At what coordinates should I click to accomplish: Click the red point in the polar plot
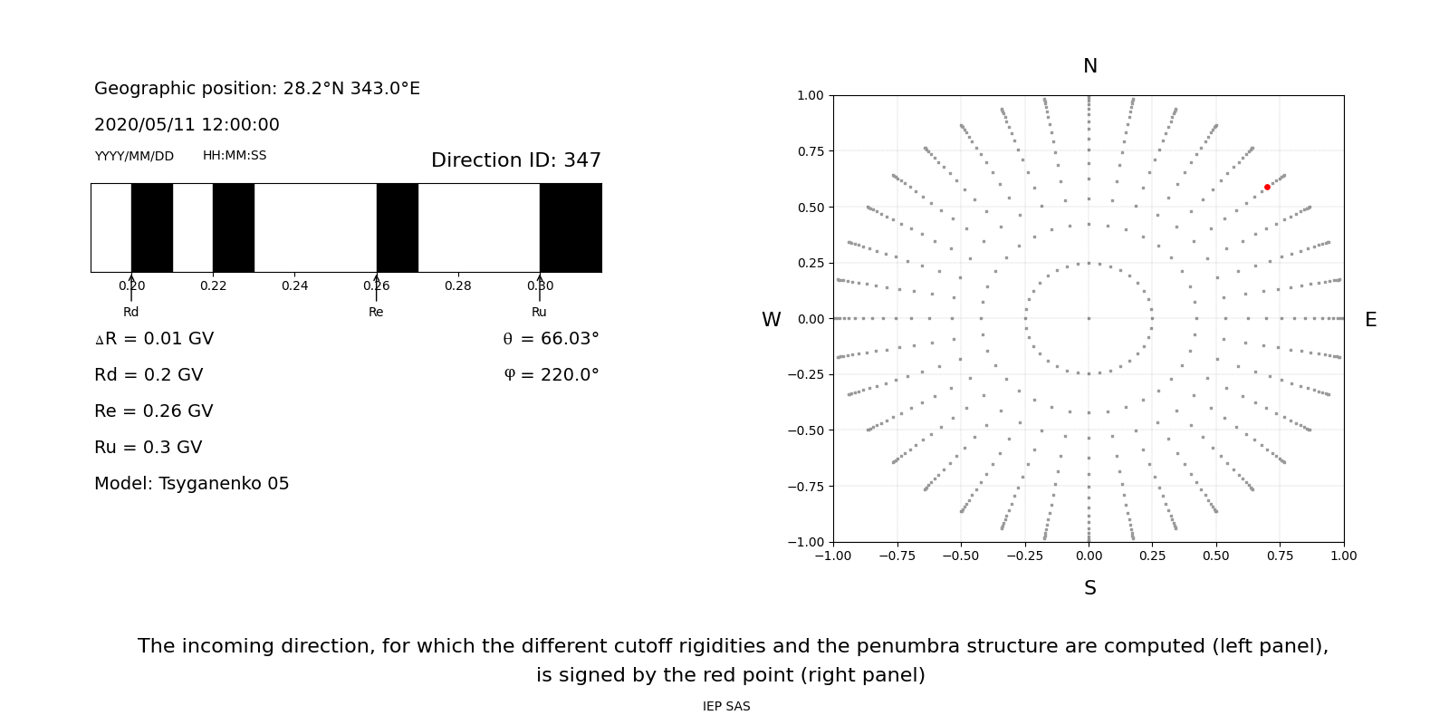(1267, 187)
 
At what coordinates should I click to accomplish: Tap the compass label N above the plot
(1089, 66)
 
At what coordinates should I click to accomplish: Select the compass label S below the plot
(1089, 588)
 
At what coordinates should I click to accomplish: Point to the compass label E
(1370, 320)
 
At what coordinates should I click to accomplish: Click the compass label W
(771, 320)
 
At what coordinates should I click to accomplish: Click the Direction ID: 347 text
(515, 160)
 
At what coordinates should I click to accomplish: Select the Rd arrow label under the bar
(131, 312)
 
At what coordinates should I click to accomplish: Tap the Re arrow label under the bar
(376, 312)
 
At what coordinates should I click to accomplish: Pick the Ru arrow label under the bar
(539, 312)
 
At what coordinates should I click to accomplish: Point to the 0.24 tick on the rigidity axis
(294, 285)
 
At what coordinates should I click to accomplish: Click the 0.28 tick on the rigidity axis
(457, 285)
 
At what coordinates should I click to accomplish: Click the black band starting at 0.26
(397, 227)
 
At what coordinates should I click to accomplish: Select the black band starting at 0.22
(234, 227)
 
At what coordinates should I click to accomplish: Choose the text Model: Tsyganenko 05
(191, 484)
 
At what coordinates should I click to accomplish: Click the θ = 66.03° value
(551, 339)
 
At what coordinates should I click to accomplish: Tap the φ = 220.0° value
(551, 375)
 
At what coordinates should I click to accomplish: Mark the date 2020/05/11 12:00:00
(187, 125)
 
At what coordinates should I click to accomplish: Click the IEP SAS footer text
(725, 706)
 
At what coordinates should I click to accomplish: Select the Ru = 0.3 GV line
(148, 448)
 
